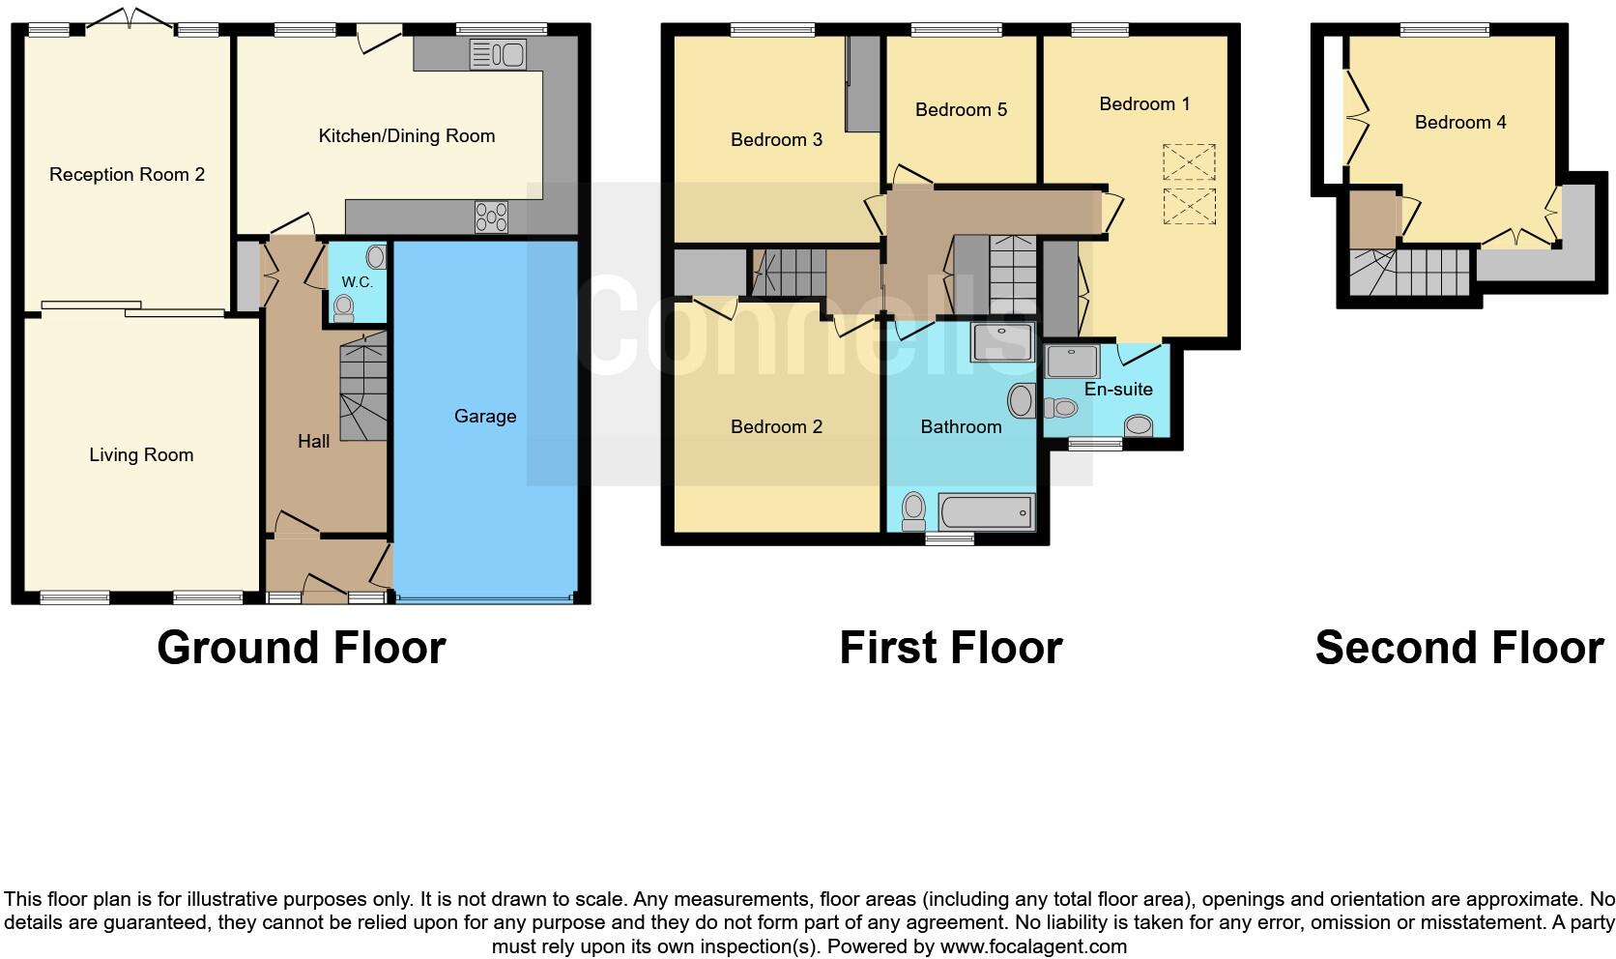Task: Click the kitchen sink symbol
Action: click(x=498, y=55)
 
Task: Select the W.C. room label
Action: click(x=357, y=282)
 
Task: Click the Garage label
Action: click(x=485, y=416)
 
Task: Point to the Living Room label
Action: click(x=141, y=454)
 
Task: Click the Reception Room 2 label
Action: click(x=127, y=174)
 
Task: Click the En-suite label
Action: click(x=1118, y=389)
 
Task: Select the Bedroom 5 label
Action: click(x=961, y=109)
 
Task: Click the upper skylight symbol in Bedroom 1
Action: click(x=1189, y=161)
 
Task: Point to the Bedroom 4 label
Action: click(x=1459, y=122)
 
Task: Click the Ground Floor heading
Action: click(x=301, y=647)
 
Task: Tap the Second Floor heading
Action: click(x=1458, y=647)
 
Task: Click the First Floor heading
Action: click(x=950, y=647)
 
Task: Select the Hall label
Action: click(x=313, y=441)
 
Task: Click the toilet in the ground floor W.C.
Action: click(x=343, y=307)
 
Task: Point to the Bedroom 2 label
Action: click(x=776, y=426)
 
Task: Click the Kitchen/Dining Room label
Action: click(x=407, y=136)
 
